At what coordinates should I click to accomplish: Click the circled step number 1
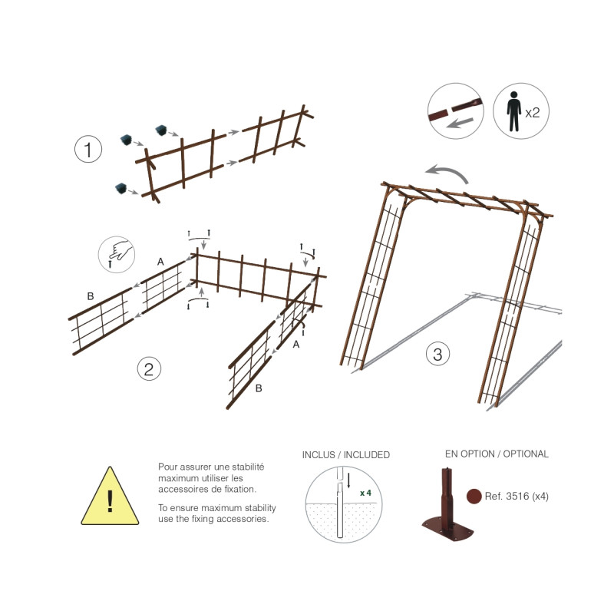click(88, 149)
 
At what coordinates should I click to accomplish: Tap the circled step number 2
click(149, 369)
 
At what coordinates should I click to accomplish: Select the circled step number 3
click(437, 354)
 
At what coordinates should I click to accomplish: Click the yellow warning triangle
click(110, 497)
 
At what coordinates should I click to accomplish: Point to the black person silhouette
click(513, 111)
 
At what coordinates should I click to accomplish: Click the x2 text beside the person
click(532, 113)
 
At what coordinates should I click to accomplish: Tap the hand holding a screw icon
click(117, 254)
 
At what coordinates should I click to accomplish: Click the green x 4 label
click(366, 493)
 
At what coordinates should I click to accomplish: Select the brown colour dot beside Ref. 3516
click(474, 496)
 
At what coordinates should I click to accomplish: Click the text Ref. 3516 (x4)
click(517, 496)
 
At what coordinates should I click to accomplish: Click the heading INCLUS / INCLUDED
click(346, 454)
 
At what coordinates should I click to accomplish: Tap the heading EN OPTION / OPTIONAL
click(497, 454)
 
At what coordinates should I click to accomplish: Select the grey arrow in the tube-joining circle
click(460, 123)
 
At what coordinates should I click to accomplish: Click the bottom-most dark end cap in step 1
click(121, 188)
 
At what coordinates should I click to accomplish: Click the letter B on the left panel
click(91, 296)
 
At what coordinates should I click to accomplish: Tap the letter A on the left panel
click(160, 262)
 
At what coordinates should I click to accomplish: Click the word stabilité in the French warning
click(248, 467)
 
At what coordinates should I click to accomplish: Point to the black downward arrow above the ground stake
click(348, 480)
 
